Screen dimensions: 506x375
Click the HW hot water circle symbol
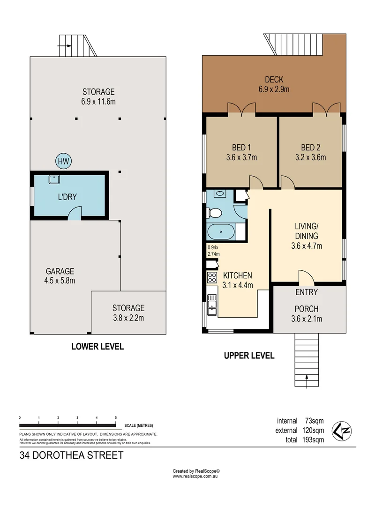pyautogui.click(x=63, y=162)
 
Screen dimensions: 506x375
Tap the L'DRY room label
pyautogui.click(x=67, y=197)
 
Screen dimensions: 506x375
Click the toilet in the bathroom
pyautogui.click(x=215, y=214)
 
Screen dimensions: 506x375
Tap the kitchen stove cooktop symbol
pyautogui.click(x=212, y=277)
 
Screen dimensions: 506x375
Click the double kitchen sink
pyautogui.click(x=212, y=303)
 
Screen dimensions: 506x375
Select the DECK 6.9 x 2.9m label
pyautogui.click(x=274, y=84)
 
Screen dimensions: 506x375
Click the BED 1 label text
pyautogui.click(x=241, y=146)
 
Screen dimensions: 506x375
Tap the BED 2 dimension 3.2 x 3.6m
pyautogui.click(x=313, y=157)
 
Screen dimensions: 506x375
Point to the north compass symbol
pyautogui.click(x=342, y=431)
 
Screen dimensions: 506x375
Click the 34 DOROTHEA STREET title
pyautogui.click(x=71, y=455)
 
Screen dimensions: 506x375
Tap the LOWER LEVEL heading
pyautogui.click(x=97, y=347)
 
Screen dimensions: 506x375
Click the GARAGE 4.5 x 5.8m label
pyautogui.click(x=60, y=276)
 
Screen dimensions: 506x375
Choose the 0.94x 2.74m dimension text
pyautogui.click(x=214, y=251)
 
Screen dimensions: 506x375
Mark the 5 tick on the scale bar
pyautogui.click(x=115, y=417)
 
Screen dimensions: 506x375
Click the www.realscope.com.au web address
pyautogui.click(x=196, y=476)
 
